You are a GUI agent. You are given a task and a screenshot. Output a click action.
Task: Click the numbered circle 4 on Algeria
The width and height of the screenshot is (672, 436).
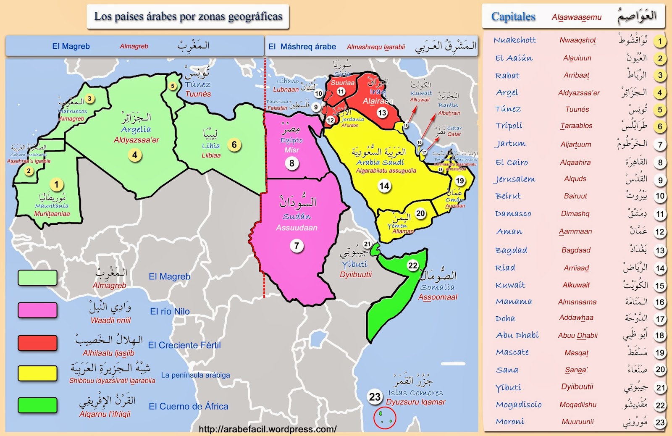[x=134, y=155]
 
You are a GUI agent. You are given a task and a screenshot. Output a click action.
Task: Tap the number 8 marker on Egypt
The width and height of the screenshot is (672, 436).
[x=292, y=163]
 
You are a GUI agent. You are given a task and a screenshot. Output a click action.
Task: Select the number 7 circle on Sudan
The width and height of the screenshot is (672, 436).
[x=297, y=246]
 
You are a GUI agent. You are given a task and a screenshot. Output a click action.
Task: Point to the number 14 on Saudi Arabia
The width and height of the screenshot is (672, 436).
[x=384, y=186]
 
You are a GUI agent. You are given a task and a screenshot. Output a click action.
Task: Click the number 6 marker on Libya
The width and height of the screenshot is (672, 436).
[x=234, y=145]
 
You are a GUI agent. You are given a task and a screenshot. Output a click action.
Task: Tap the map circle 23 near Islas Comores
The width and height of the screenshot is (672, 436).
[x=375, y=397]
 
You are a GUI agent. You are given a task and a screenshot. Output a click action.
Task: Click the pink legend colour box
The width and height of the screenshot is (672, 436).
[x=37, y=310]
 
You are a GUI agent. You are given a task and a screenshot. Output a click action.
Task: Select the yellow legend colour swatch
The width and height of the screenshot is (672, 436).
[x=37, y=373]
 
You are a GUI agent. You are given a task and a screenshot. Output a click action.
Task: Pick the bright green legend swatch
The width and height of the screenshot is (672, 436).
[x=37, y=405]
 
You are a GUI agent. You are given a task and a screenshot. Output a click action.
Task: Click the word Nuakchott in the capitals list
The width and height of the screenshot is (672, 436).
[x=515, y=40]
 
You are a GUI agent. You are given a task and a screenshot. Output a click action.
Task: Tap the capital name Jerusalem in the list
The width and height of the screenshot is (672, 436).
[x=515, y=179]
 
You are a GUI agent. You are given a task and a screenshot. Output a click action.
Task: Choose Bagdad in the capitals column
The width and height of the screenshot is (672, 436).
[x=511, y=250]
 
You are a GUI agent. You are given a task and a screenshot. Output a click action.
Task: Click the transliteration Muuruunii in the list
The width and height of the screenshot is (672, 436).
[x=577, y=422]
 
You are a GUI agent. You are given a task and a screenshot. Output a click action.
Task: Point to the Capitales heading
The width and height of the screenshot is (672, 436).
[x=513, y=17]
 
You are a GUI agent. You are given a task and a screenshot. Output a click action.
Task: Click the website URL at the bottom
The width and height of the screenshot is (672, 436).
[x=268, y=429]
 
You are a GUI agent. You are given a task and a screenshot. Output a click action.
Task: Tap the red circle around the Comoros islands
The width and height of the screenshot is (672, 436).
[x=385, y=417]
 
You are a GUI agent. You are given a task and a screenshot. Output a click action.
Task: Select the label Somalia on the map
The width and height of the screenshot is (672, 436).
[x=437, y=287]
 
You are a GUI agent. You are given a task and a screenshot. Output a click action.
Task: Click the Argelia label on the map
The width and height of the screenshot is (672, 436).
[x=136, y=129]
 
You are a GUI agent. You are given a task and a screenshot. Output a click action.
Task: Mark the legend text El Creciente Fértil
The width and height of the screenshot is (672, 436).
[x=184, y=345]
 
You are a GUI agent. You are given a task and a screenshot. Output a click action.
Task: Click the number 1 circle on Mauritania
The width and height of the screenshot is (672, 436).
[x=57, y=184]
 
